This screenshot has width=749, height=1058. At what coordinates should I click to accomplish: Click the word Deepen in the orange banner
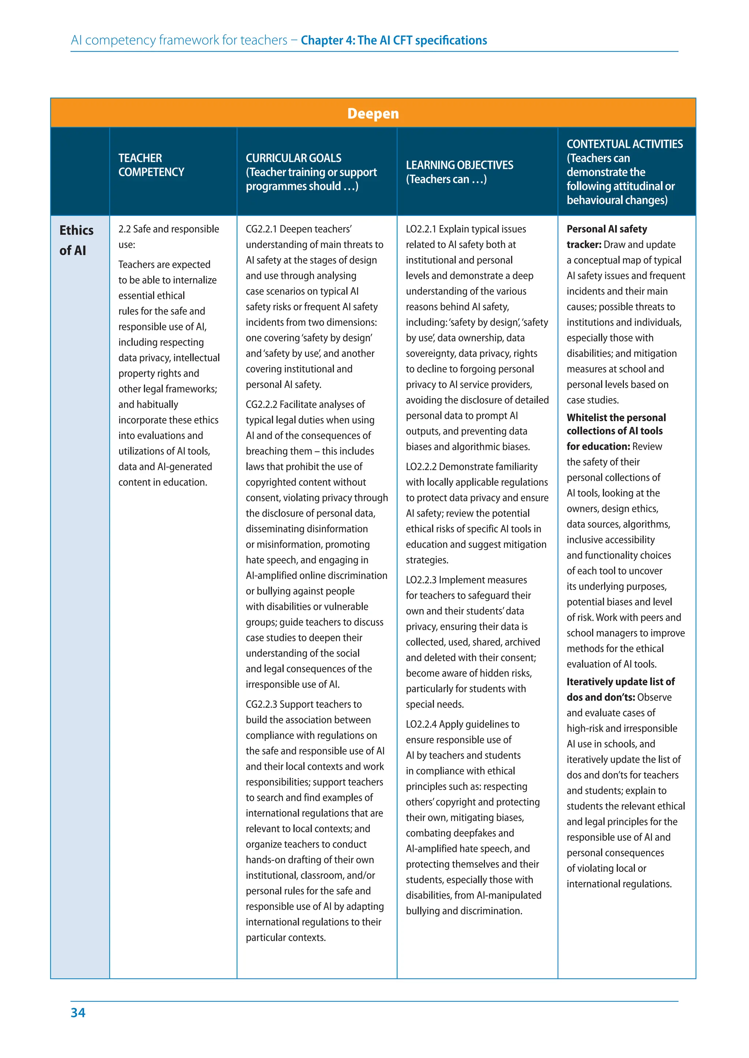pyautogui.click(x=373, y=113)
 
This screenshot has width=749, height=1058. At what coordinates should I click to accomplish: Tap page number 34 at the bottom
pyautogui.click(x=78, y=1012)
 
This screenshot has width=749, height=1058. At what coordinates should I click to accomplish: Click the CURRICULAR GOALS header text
pyautogui.click(x=293, y=158)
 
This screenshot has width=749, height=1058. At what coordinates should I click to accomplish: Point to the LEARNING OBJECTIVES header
pyautogui.click(x=459, y=165)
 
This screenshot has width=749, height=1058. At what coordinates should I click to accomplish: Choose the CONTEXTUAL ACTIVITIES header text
pyautogui.click(x=625, y=145)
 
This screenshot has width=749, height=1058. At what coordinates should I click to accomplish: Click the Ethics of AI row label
pyautogui.click(x=76, y=240)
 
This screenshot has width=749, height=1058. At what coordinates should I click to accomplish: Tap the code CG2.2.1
pyautogui.click(x=261, y=229)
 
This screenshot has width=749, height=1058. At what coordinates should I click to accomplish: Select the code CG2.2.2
pyautogui.click(x=261, y=405)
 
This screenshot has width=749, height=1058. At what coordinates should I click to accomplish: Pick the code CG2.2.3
pyautogui.click(x=261, y=704)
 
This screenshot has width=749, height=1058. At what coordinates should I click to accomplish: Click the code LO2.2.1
pyautogui.click(x=421, y=229)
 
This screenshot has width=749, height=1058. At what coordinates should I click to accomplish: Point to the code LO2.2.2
pyautogui.click(x=421, y=466)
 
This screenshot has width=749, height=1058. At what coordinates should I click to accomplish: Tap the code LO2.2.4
pyautogui.click(x=421, y=724)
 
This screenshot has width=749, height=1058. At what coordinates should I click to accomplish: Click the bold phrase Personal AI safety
pyautogui.click(x=606, y=229)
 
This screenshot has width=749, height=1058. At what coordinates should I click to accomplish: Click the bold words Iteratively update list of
pyautogui.click(x=620, y=682)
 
